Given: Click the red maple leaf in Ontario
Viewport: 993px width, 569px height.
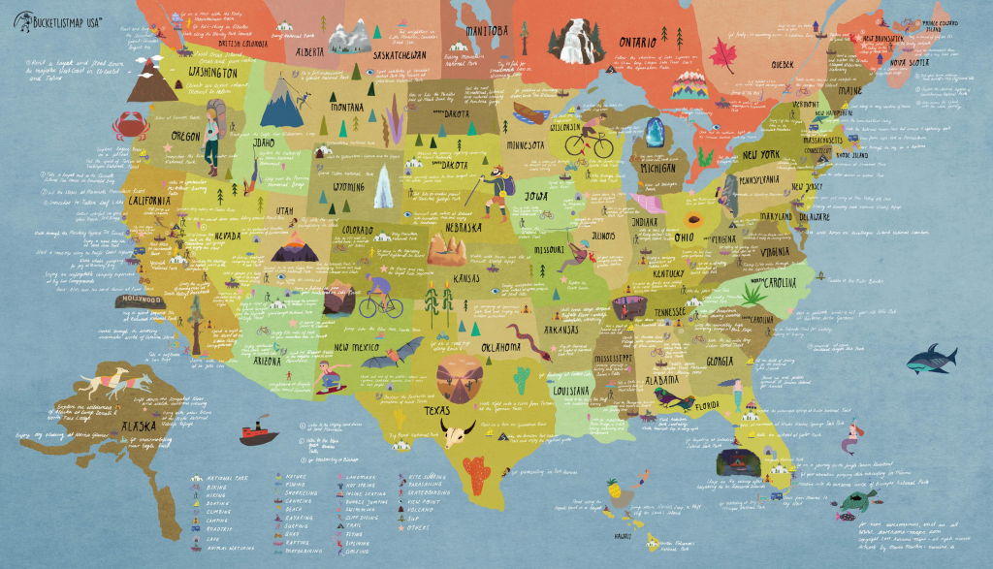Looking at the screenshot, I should point(724,54).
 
